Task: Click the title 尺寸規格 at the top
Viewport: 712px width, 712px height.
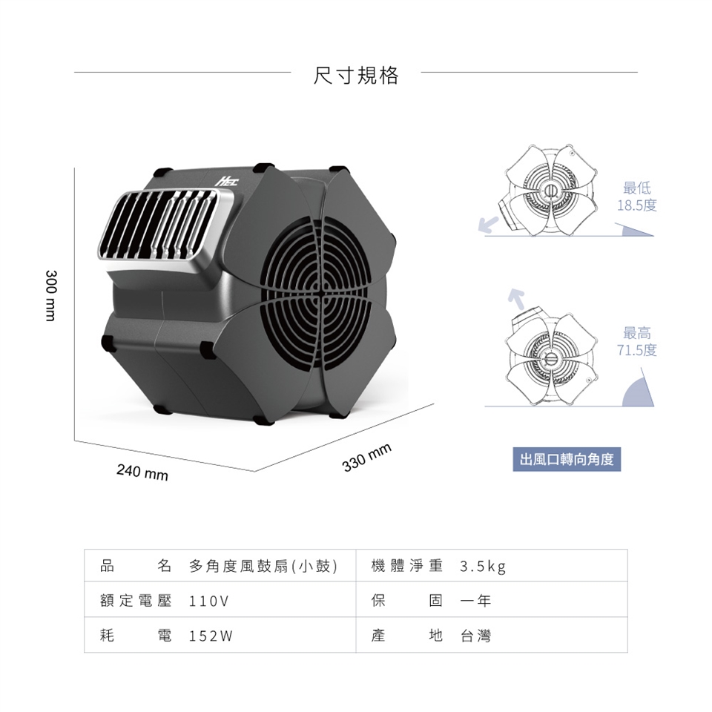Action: pyautogui.click(x=356, y=76)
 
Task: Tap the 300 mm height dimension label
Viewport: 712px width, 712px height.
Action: pyautogui.click(x=51, y=295)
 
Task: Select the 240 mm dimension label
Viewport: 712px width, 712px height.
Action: pyautogui.click(x=142, y=472)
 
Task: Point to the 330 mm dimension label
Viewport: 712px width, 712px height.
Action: pyautogui.click(x=366, y=457)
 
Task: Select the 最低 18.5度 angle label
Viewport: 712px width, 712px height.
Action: pyautogui.click(x=636, y=196)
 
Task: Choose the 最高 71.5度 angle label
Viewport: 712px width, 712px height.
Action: pyautogui.click(x=636, y=341)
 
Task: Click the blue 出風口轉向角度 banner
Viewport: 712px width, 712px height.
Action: pyautogui.click(x=567, y=459)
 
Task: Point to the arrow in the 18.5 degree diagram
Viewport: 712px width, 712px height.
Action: pyautogui.click(x=489, y=225)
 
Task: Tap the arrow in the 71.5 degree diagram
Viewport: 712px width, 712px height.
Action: pyautogui.click(x=516, y=299)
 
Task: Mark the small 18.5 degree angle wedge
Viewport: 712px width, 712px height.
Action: pyautogui.click(x=636, y=231)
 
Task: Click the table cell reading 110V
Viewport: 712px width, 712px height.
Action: pyautogui.click(x=208, y=601)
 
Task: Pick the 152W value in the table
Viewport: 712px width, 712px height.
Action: pyautogui.click(x=211, y=636)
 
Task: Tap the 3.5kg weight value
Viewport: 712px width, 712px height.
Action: pyautogui.click(x=483, y=567)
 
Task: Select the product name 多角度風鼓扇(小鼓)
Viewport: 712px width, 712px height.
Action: pyautogui.click(x=263, y=566)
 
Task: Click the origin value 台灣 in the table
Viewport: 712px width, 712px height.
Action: pyautogui.click(x=475, y=636)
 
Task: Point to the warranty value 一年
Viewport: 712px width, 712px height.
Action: pyautogui.click(x=475, y=601)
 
